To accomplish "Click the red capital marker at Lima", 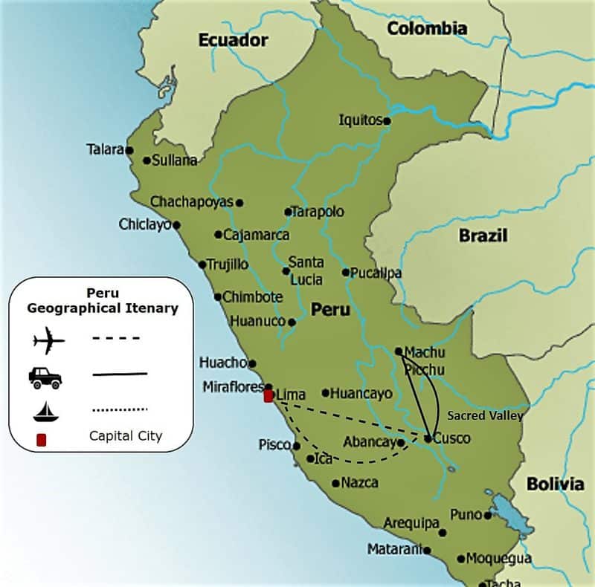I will tap(268, 396).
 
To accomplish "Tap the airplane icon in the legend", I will tap(49, 341).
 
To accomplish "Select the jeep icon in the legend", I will tap(45, 377).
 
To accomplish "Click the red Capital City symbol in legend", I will tap(42, 440).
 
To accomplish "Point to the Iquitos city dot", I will tap(387, 120).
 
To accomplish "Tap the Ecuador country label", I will tap(233, 40).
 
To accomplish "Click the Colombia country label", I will tap(427, 28).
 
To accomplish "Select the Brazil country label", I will tap(483, 236).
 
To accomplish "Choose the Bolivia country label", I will tap(555, 484).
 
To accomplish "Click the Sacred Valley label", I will tap(485, 416).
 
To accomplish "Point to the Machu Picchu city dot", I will tap(399, 351).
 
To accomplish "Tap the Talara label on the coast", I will tap(104, 149).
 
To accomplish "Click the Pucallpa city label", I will tap(376, 273).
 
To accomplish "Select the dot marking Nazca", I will tap(335, 483).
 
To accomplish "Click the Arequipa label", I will tap(411, 523).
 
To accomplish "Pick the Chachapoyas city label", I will tap(192, 201).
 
